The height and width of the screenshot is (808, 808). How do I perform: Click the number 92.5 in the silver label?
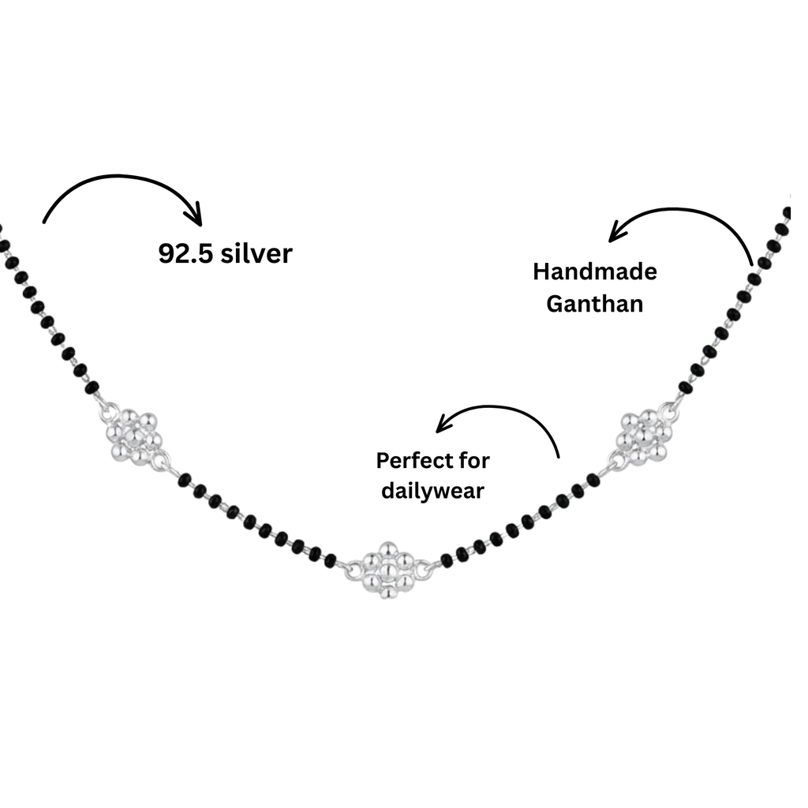pyautogui.click(x=185, y=253)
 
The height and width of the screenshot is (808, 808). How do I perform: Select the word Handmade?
pyautogui.click(x=595, y=271)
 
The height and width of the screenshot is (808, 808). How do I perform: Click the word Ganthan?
pyautogui.click(x=595, y=304)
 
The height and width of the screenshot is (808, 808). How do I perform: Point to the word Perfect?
pyautogui.click(x=410, y=460)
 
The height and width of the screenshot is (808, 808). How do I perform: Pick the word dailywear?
pyautogui.click(x=433, y=491)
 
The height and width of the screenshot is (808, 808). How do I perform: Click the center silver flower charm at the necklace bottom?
pyautogui.click(x=388, y=570)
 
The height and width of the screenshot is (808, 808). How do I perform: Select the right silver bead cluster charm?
pyautogui.click(x=644, y=436)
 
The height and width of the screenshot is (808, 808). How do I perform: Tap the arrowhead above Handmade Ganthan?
pyautogui.click(x=617, y=231)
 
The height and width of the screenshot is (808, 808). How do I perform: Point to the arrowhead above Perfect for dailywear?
pyautogui.click(x=444, y=424)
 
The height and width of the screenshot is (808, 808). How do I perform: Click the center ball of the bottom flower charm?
pyautogui.click(x=388, y=570)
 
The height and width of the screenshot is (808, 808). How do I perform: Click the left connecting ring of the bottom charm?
pyautogui.click(x=353, y=570)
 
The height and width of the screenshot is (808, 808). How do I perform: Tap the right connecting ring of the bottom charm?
pyautogui.click(x=424, y=570)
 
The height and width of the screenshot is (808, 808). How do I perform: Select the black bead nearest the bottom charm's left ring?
pyautogui.click(x=331, y=561)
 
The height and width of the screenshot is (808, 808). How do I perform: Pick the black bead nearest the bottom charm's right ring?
pyautogui.click(x=447, y=560)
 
